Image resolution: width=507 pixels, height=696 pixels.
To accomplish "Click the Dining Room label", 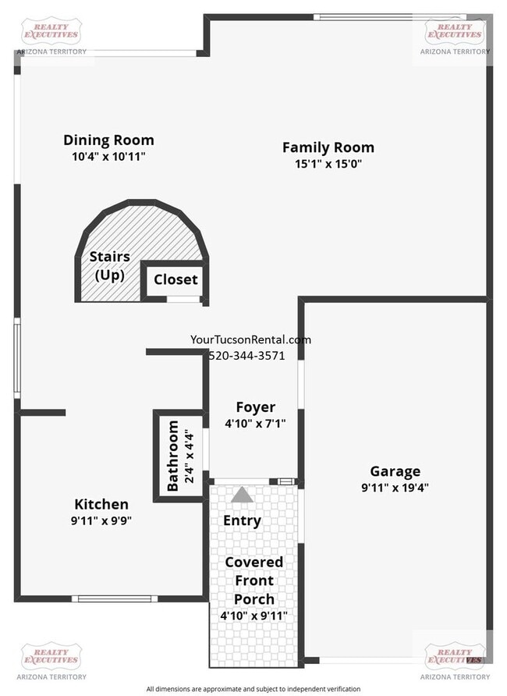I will [x=108, y=140].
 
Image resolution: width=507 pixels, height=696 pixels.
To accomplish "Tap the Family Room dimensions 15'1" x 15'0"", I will [x=328, y=164].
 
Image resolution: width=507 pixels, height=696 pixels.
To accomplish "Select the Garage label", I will [x=395, y=471].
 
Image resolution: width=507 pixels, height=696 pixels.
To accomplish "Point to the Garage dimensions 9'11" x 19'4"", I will [x=395, y=488].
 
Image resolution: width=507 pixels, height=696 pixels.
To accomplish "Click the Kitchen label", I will [x=101, y=504].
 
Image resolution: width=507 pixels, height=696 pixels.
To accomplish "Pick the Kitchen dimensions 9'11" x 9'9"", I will [x=101, y=520].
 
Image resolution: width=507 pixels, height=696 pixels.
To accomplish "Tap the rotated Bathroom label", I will [x=173, y=456].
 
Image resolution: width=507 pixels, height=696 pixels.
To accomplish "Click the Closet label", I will [x=175, y=279].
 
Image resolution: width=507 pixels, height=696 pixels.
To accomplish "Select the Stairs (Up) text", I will [x=109, y=266].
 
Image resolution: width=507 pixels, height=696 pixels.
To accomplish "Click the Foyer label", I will [x=255, y=407].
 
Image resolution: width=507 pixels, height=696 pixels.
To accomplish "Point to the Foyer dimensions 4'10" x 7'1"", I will [x=255, y=424].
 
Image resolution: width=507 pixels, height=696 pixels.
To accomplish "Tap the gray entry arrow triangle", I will [x=243, y=495].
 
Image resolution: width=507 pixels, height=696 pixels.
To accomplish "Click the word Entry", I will [x=242, y=520].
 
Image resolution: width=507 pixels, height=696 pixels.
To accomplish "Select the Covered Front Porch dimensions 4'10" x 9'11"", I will [x=254, y=616].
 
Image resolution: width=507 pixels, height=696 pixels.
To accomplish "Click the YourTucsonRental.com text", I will [x=250, y=339].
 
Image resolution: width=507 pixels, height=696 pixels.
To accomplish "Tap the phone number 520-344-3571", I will [x=246, y=355].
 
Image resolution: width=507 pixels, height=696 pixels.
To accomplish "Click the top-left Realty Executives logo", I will [x=51, y=33].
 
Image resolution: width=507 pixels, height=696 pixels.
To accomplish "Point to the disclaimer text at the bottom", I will [x=253, y=689].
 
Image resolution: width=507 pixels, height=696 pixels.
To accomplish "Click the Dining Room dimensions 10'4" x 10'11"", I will [x=108, y=156].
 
